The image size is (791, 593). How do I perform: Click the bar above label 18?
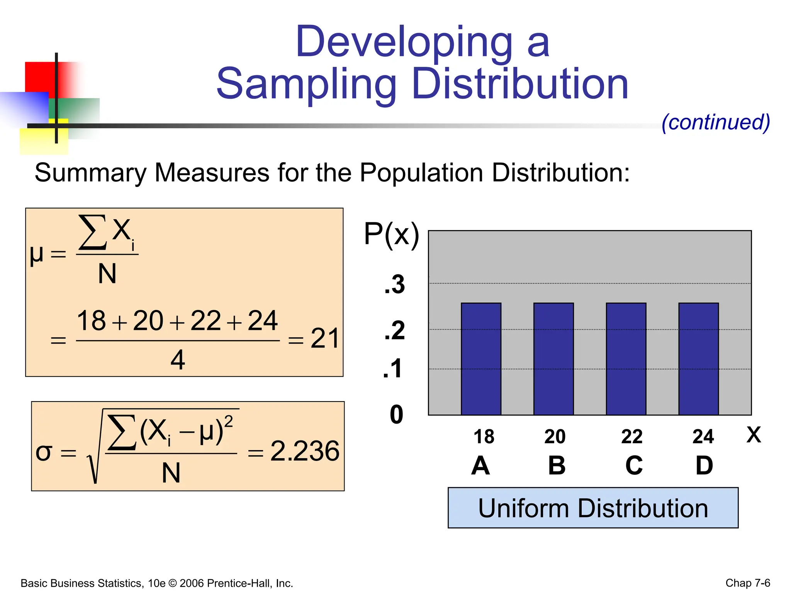tap(481, 359)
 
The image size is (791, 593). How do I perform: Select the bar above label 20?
tap(553, 359)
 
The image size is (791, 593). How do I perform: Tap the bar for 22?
tap(626, 359)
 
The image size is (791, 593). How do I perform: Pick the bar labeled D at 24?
tap(698, 359)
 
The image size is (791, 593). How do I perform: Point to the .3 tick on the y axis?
tap(395, 285)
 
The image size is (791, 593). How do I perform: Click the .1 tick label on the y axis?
tap(393, 369)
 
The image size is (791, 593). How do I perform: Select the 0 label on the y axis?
tap(396, 415)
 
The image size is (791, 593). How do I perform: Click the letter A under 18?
tap(480, 466)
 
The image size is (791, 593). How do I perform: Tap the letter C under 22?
tap(634, 466)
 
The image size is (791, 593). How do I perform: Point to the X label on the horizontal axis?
tap(754, 435)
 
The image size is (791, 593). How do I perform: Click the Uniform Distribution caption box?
tap(593, 508)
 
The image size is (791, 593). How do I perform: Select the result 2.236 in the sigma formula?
tap(305, 451)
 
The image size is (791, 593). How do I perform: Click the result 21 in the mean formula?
tap(325, 339)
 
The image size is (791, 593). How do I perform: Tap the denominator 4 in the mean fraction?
tap(178, 360)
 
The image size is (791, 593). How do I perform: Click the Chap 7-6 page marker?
tap(747, 583)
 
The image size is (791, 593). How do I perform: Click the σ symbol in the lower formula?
tap(43, 452)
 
